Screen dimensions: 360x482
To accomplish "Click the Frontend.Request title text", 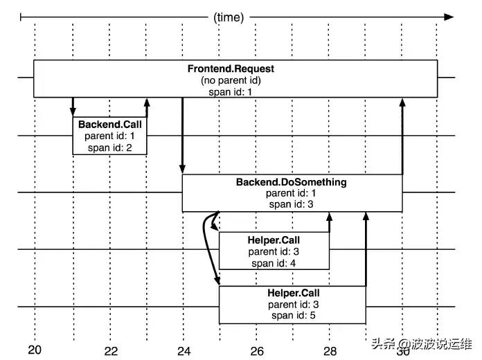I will click(231, 69).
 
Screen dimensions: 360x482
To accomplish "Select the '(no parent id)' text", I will click(231, 80).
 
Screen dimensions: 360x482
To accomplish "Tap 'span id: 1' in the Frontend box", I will click(231, 91).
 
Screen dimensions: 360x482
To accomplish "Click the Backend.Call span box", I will click(109, 135).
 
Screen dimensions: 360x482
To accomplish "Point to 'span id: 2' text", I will click(109, 147).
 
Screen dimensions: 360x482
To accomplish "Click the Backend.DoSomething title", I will click(291, 183).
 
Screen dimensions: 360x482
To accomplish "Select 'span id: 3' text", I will click(291, 205).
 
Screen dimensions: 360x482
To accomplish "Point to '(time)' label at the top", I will click(229, 17).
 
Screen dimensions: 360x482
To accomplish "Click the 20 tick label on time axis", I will click(35, 350).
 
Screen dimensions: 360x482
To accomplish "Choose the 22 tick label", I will click(111, 350).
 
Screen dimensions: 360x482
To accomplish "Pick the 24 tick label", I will click(184, 350).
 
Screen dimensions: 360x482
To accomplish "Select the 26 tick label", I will click(257, 350).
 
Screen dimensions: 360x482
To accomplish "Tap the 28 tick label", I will click(330, 350).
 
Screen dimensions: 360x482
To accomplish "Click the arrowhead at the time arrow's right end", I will click(449, 16).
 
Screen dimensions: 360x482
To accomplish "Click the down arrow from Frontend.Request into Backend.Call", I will click(73, 107).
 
